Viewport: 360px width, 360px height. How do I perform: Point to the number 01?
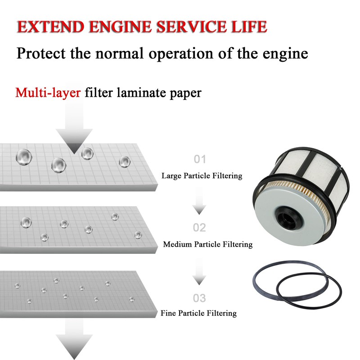coord(200,159)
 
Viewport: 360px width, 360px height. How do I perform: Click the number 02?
coord(199,228)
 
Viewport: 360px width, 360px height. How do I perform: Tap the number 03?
coord(199,298)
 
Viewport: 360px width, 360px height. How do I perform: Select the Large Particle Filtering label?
coord(202,176)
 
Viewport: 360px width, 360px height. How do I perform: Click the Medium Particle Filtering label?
coord(207,245)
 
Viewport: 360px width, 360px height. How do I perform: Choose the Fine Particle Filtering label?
coord(198,313)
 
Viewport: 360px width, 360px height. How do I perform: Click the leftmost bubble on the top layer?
coord(23,157)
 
